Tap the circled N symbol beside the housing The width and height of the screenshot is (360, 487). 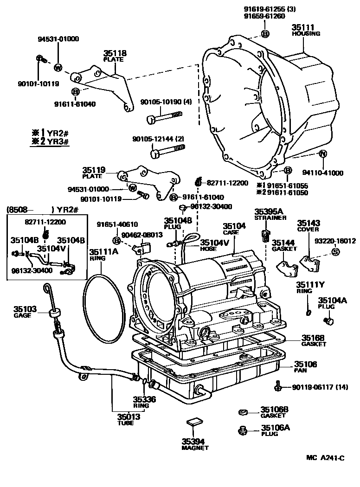coord(323,154)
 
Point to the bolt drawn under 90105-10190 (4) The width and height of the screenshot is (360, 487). coord(164,117)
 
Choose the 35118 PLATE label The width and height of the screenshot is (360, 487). coord(115,56)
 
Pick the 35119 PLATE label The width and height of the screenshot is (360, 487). coord(94,173)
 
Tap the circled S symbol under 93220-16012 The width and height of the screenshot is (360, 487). coord(334,251)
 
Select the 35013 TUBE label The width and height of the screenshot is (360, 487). coord(125,419)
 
